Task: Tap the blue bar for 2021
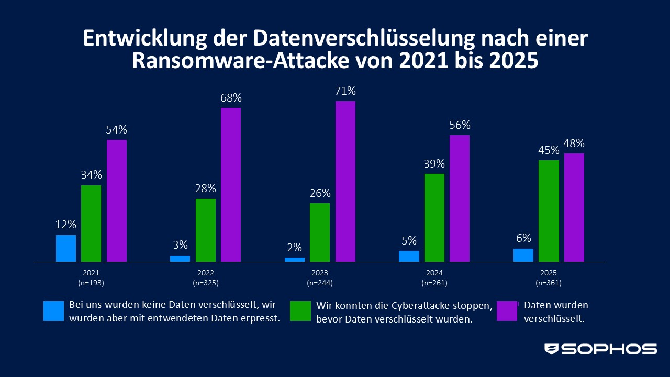66,248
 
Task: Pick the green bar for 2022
206,230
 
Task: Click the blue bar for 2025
523,255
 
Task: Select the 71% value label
345,91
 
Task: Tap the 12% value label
66,225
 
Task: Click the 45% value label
549,150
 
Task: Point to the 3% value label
180,245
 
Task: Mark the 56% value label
460,125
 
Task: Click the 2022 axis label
206,273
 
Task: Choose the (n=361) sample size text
549,283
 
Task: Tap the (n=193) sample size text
91,283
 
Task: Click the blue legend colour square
54,311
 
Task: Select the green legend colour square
301,311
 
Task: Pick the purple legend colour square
507,311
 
